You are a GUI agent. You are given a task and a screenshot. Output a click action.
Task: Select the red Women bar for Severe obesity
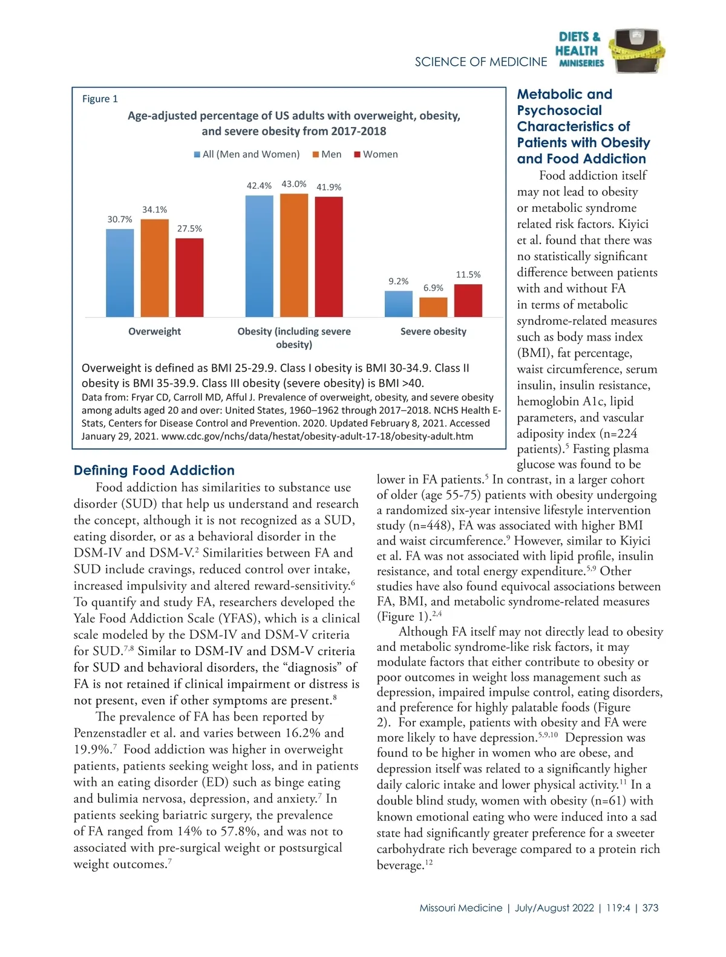(468, 301)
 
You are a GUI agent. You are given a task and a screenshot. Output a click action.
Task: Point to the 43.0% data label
(294, 184)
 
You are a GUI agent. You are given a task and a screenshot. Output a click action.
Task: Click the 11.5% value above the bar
(468, 275)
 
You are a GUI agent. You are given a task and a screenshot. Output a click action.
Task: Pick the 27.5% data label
(189, 229)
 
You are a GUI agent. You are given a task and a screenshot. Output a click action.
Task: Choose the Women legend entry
(376, 154)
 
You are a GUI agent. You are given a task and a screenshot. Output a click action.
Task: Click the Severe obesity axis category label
(433, 332)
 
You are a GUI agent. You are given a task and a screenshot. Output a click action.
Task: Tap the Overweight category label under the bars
(154, 332)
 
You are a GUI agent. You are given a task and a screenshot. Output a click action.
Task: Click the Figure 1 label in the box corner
(100, 99)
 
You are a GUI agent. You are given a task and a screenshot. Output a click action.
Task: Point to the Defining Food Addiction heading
(154, 470)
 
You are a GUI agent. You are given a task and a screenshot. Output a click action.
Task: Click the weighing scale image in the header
(636, 51)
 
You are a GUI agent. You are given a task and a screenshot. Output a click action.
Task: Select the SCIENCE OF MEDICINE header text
(480, 62)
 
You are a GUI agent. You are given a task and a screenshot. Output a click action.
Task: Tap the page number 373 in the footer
(650, 908)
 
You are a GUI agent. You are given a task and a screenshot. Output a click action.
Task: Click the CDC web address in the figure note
(317, 436)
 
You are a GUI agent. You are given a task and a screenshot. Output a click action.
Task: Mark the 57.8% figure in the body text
(239, 831)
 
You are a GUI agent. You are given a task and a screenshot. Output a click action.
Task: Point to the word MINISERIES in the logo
(581, 63)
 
